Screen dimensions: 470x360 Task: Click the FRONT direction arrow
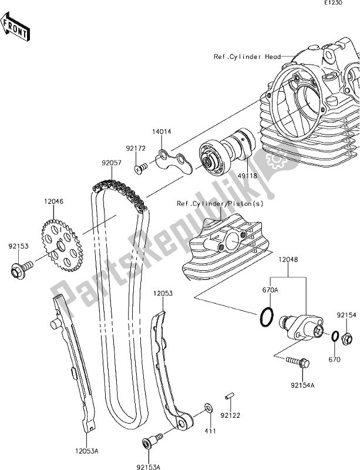(16, 29)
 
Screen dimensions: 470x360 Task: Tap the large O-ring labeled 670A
(265, 318)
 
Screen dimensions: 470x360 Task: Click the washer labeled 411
(208, 408)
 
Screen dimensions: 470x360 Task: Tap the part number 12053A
(86, 452)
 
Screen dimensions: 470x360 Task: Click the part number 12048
(288, 258)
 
